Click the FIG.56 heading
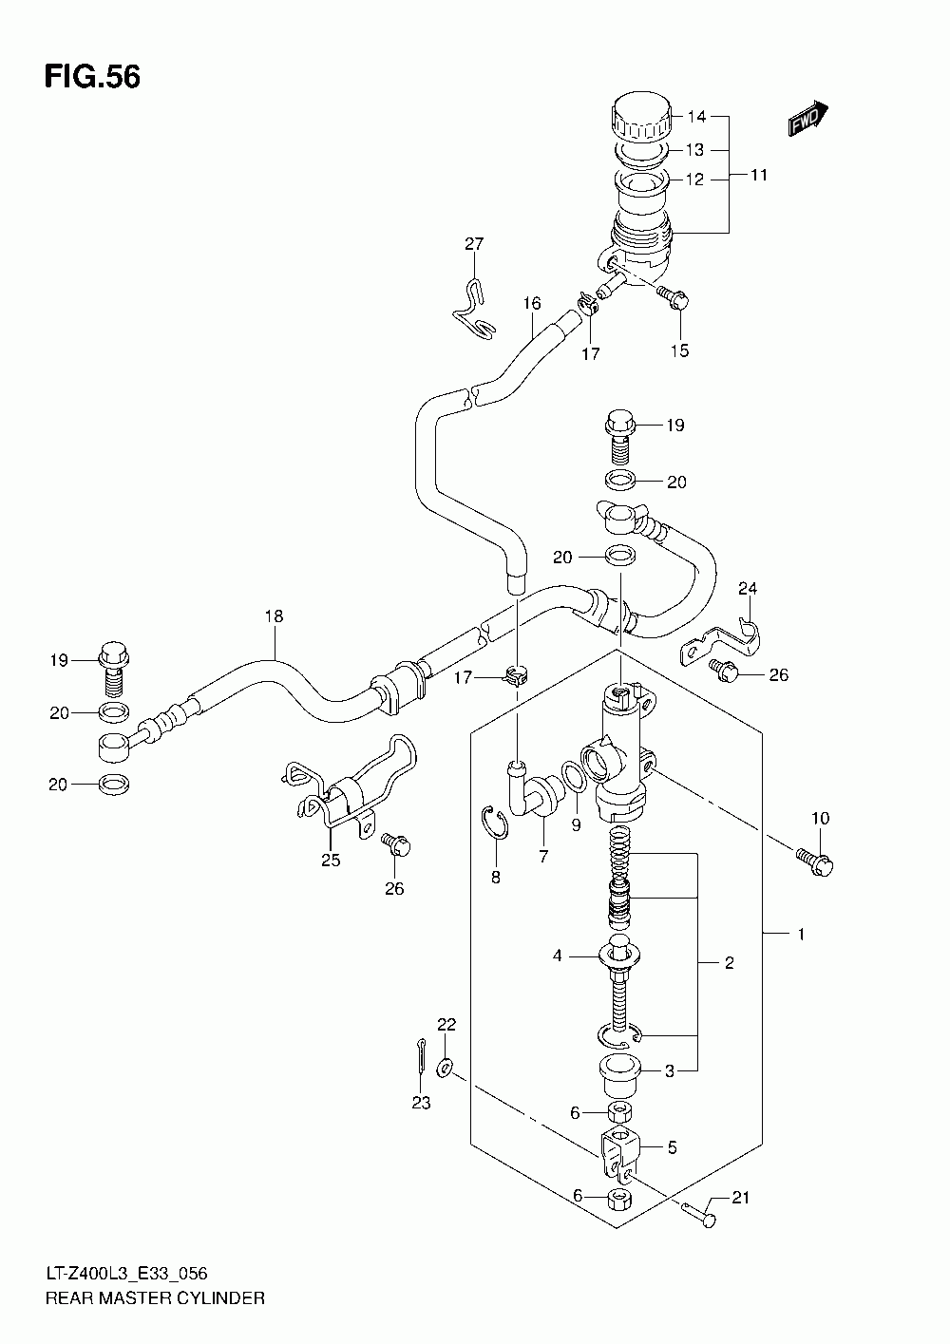[x=92, y=78]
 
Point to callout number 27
[x=474, y=245]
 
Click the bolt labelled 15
[x=675, y=300]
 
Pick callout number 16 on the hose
[x=531, y=304]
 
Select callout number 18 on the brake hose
[x=274, y=616]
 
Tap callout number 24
[x=748, y=588]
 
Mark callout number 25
[x=330, y=861]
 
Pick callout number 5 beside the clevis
[x=672, y=1147]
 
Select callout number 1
[x=800, y=935]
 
